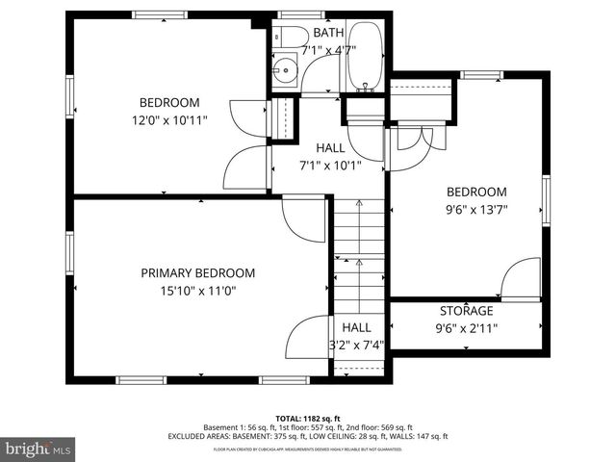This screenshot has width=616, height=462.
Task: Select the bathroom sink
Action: tap(285, 71)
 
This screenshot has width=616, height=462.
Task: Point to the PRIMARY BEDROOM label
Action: tap(198, 272)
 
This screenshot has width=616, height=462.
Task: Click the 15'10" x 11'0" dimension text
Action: tap(198, 290)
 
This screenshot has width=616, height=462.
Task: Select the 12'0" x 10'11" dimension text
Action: tap(169, 120)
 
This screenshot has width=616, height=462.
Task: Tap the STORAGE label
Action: tap(466, 311)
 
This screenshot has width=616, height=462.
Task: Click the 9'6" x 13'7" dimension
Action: tap(475, 209)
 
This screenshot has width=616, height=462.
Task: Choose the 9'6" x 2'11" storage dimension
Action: tap(466, 327)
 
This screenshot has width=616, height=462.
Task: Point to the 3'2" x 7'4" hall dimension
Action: tap(357, 345)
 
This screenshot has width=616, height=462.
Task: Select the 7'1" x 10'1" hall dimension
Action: tap(329, 165)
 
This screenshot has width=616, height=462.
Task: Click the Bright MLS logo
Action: tap(38, 448)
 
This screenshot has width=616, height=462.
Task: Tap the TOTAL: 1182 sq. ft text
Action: tap(308, 417)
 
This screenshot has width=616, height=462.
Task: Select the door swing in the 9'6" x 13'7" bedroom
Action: tap(520, 280)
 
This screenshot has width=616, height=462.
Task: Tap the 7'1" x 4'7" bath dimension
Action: tap(328, 50)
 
